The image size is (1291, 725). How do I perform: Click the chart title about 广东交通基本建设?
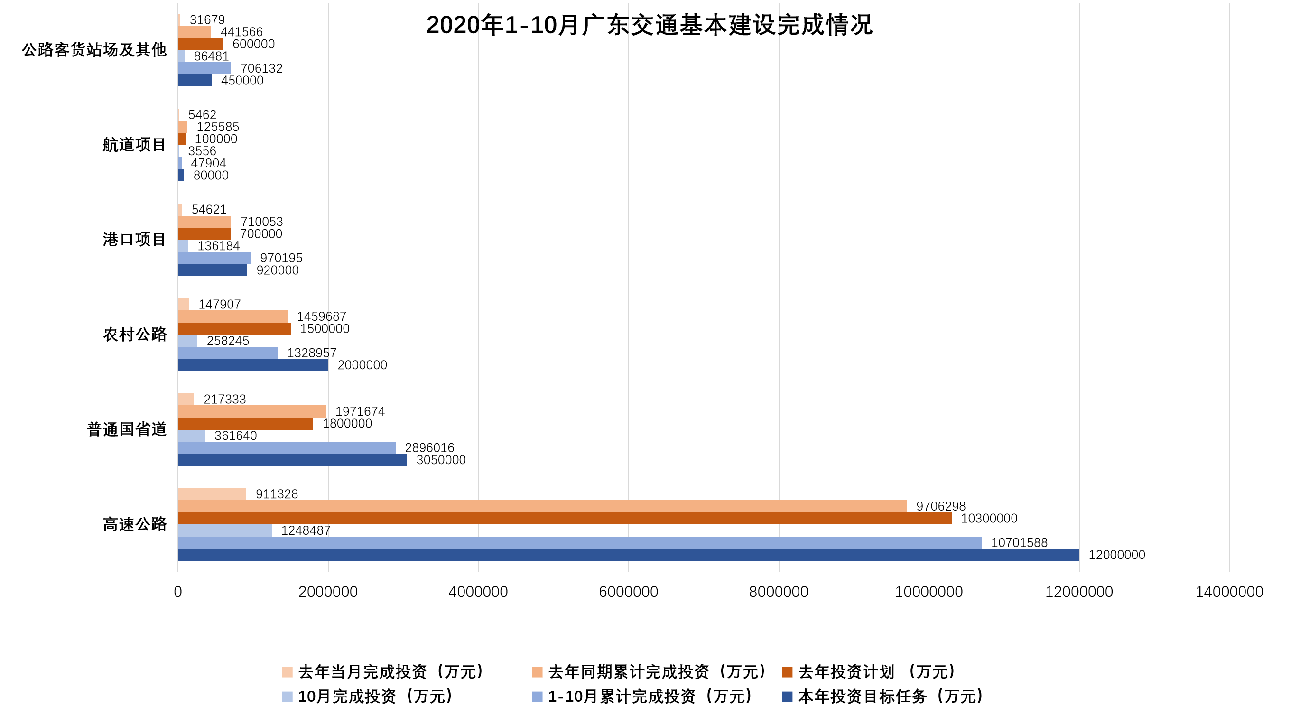pyautogui.click(x=649, y=25)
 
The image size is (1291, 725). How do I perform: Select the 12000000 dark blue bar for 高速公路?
pyautogui.click(x=629, y=555)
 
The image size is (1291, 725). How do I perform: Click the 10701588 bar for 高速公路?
pyautogui.click(x=579, y=543)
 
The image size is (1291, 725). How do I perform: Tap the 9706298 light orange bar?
pyautogui.click(x=542, y=506)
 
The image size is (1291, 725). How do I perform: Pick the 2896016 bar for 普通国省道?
pyautogui.click(x=287, y=448)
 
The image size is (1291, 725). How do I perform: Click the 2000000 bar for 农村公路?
pyautogui.click(x=253, y=365)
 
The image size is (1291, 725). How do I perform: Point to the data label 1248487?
pyautogui.click(x=306, y=530)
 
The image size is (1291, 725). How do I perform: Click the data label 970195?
pyautogui.click(x=281, y=258)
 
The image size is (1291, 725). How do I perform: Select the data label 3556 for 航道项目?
pyautogui.click(x=202, y=151)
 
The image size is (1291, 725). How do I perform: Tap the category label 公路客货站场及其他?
pyautogui.click(x=94, y=50)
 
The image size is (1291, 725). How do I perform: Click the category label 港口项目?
pyautogui.click(x=134, y=240)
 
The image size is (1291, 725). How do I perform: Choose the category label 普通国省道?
pyautogui.click(x=126, y=429)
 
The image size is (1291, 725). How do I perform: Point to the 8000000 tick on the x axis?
pyautogui.click(x=778, y=592)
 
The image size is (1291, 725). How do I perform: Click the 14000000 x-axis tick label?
pyautogui.click(x=1229, y=592)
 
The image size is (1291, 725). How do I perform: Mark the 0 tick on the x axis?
pyautogui.click(x=178, y=592)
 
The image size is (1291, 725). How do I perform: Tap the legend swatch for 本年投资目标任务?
pyautogui.click(x=787, y=697)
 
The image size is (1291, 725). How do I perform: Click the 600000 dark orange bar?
pyautogui.click(x=201, y=44)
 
